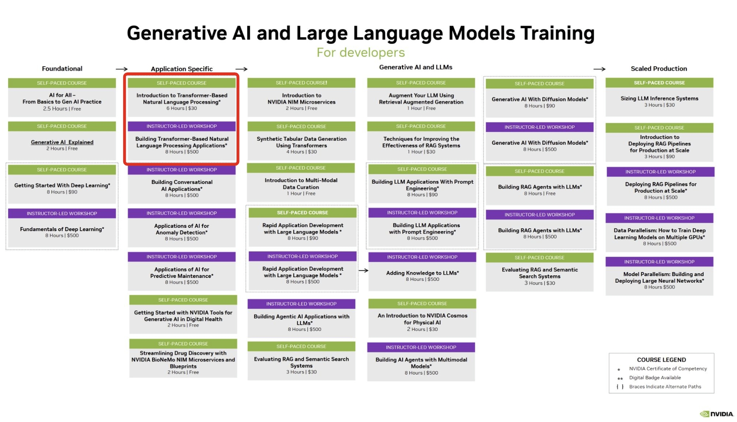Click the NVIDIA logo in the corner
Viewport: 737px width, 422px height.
[x=717, y=414]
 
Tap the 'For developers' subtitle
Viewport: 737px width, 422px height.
[x=360, y=53]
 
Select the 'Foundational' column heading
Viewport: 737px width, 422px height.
[x=62, y=68]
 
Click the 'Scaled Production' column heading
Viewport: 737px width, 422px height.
[x=659, y=68]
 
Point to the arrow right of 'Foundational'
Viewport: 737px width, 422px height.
[x=122, y=69]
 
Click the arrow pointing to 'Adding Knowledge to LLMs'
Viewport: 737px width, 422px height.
[x=363, y=270]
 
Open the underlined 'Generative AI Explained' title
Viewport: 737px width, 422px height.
[x=62, y=142]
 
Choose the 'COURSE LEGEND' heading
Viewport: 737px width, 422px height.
[x=661, y=359]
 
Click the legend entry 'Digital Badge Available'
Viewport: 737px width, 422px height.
[x=655, y=377]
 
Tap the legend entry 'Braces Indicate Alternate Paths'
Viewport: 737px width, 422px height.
[x=665, y=387]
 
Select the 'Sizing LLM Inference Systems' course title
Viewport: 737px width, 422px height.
[x=659, y=98]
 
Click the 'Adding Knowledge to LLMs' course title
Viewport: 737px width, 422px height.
[x=422, y=273]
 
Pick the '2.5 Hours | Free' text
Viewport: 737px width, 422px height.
[x=62, y=109]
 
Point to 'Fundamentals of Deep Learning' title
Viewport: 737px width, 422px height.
[x=62, y=229]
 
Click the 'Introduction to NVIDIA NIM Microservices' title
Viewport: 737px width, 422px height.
[x=301, y=99]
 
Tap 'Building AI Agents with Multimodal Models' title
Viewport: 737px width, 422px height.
[x=421, y=363]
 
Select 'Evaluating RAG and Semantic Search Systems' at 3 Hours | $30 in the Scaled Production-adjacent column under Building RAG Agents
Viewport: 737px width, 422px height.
[x=540, y=273]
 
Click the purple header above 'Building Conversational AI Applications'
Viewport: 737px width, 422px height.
[x=182, y=170]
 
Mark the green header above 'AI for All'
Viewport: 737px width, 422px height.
[x=62, y=83]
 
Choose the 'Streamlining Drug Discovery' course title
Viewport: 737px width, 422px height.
[x=183, y=359]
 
